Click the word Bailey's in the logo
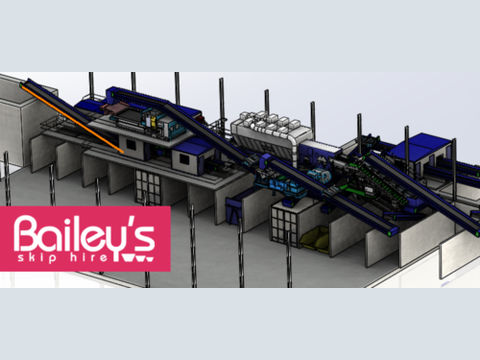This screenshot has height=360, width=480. pyautogui.click(x=84, y=235)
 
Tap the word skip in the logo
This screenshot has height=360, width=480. pyautogui.click(x=37, y=257)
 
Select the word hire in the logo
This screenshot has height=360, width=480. pyautogui.click(x=89, y=257)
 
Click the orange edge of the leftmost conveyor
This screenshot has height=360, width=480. pyautogui.click(x=73, y=118)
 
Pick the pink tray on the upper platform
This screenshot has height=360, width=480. pyautogui.click(x=112, y=108)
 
